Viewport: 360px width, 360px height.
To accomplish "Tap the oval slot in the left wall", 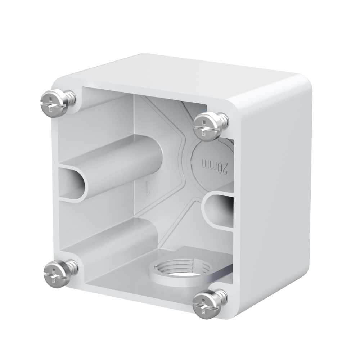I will [x=73, y=181].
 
